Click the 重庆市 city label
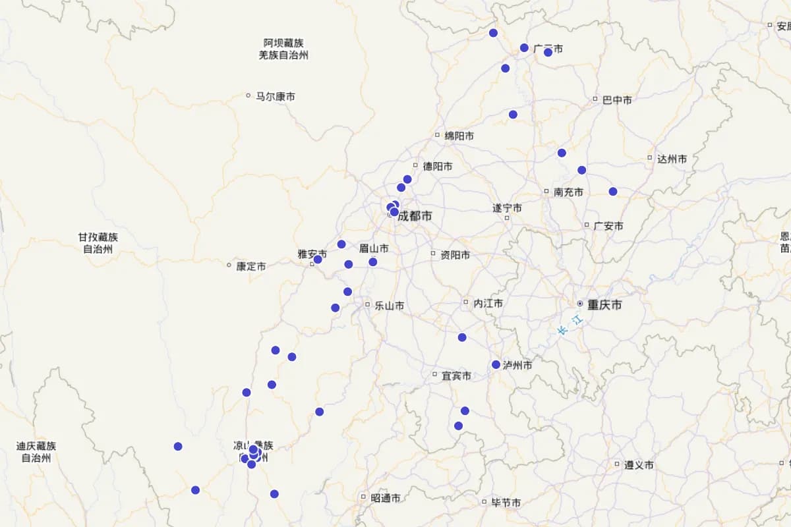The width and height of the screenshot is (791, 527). pos(604,305)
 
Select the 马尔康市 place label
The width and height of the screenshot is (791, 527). pos(276,97)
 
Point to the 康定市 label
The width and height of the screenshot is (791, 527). pos(251,267)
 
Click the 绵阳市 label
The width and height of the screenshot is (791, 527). pos(459,136)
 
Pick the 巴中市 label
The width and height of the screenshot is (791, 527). pos(617,100)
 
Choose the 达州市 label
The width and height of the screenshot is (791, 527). pos(672,159)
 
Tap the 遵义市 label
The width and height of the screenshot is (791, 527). pos(639,464)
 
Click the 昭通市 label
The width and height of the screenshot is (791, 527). pos(385,498)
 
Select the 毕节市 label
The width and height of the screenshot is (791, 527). pos(506,503)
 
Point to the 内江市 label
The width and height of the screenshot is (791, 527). pos(488,303)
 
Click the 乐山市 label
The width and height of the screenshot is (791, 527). pos(390,306)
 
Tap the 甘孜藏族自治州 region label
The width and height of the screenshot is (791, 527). pos(98,243)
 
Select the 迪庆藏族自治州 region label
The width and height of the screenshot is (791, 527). pos(36,452)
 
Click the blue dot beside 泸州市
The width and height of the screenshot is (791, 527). pos(496,364)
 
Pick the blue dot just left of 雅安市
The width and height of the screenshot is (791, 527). pos(318,260)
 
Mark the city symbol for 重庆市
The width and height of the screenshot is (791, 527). pos(580,304)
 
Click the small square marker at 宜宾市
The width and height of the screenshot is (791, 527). pos(434,374)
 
